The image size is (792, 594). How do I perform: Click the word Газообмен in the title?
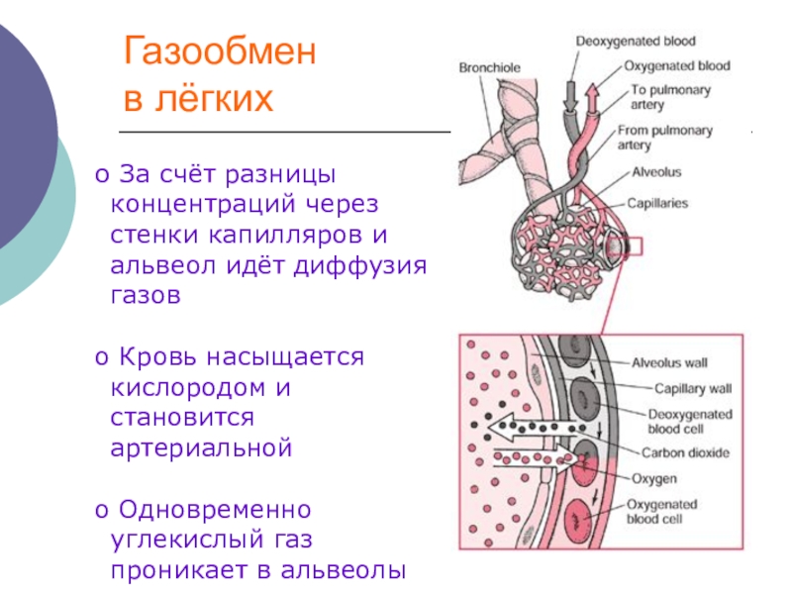(x=220, y=53)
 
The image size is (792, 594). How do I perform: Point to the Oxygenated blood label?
(x=678, y=66)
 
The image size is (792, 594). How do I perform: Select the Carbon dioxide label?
(x=686, y=453)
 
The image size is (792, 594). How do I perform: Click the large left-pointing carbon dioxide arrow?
(x=536, y=428)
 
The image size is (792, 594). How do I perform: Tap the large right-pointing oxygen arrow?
(x=536, y=458)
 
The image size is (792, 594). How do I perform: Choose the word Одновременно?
(x=215, y=511)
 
